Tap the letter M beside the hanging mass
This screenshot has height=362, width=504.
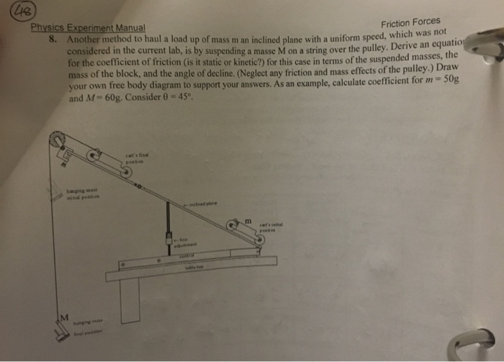pyautogui.click(x=63, y=317)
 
